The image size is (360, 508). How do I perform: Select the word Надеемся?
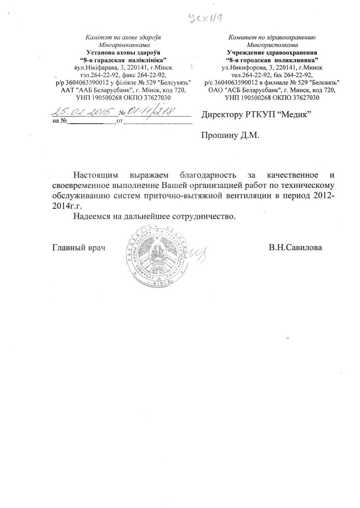pos(92,217)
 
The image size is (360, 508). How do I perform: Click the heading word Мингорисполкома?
pos(276,44)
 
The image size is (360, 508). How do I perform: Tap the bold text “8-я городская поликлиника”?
pos(276,59)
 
